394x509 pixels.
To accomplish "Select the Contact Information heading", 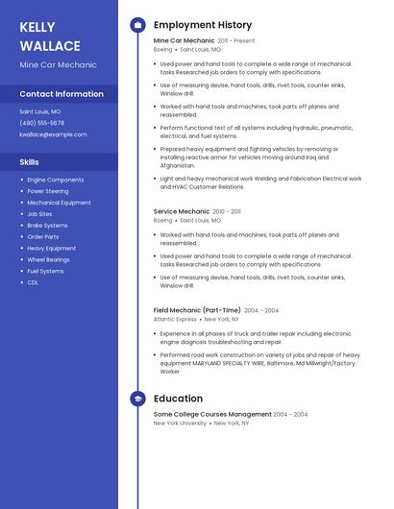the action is [x=62, y=94].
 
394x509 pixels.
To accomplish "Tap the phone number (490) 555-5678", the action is [x=42, y=123].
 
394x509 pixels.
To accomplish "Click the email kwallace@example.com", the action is [x=53, y=134].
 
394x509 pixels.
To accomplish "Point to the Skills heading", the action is [x=30, y=162].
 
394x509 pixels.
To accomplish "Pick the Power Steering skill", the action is [x=48, y=191].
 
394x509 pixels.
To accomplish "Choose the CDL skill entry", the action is [x=33, y=282].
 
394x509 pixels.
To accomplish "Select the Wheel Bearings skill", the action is [x=48, y=259].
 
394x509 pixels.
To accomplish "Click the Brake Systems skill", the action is [x=47, y=226].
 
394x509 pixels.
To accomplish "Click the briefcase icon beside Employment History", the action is [x=137, y=25].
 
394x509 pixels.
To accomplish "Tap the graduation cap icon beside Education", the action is [x=137, y=399].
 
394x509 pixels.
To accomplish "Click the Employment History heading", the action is [x=202, y=25].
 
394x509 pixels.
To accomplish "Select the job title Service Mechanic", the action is [x=181, y=211].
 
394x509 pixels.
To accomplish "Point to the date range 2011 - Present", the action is [x=236, y=41].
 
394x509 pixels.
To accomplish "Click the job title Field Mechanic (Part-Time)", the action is [x=197, y=310].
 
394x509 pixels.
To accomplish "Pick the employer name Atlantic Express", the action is [x=175, y=319].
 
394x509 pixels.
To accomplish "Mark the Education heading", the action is [x=178, y=399].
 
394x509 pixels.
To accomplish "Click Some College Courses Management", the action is [x=211, y=414].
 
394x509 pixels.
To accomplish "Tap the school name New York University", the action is [x=180, y=423].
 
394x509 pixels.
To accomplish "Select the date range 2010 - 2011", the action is [x=227, y=211].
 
